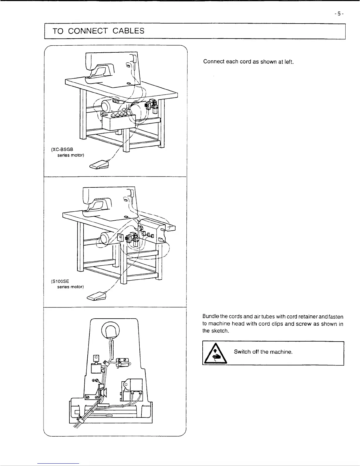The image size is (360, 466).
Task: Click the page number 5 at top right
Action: pyautogui.click(x=339, y=14)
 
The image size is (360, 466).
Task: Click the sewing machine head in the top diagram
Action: pyautogui.click(x=112, y=69)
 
